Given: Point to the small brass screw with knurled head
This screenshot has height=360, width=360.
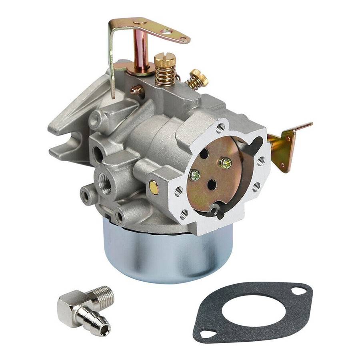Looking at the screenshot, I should click(199, 77).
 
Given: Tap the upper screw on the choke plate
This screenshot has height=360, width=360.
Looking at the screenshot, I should click(226, 162).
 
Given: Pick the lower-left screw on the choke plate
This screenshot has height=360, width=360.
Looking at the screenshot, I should click(195, 175).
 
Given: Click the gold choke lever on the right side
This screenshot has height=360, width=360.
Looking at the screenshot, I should click(286, 146).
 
